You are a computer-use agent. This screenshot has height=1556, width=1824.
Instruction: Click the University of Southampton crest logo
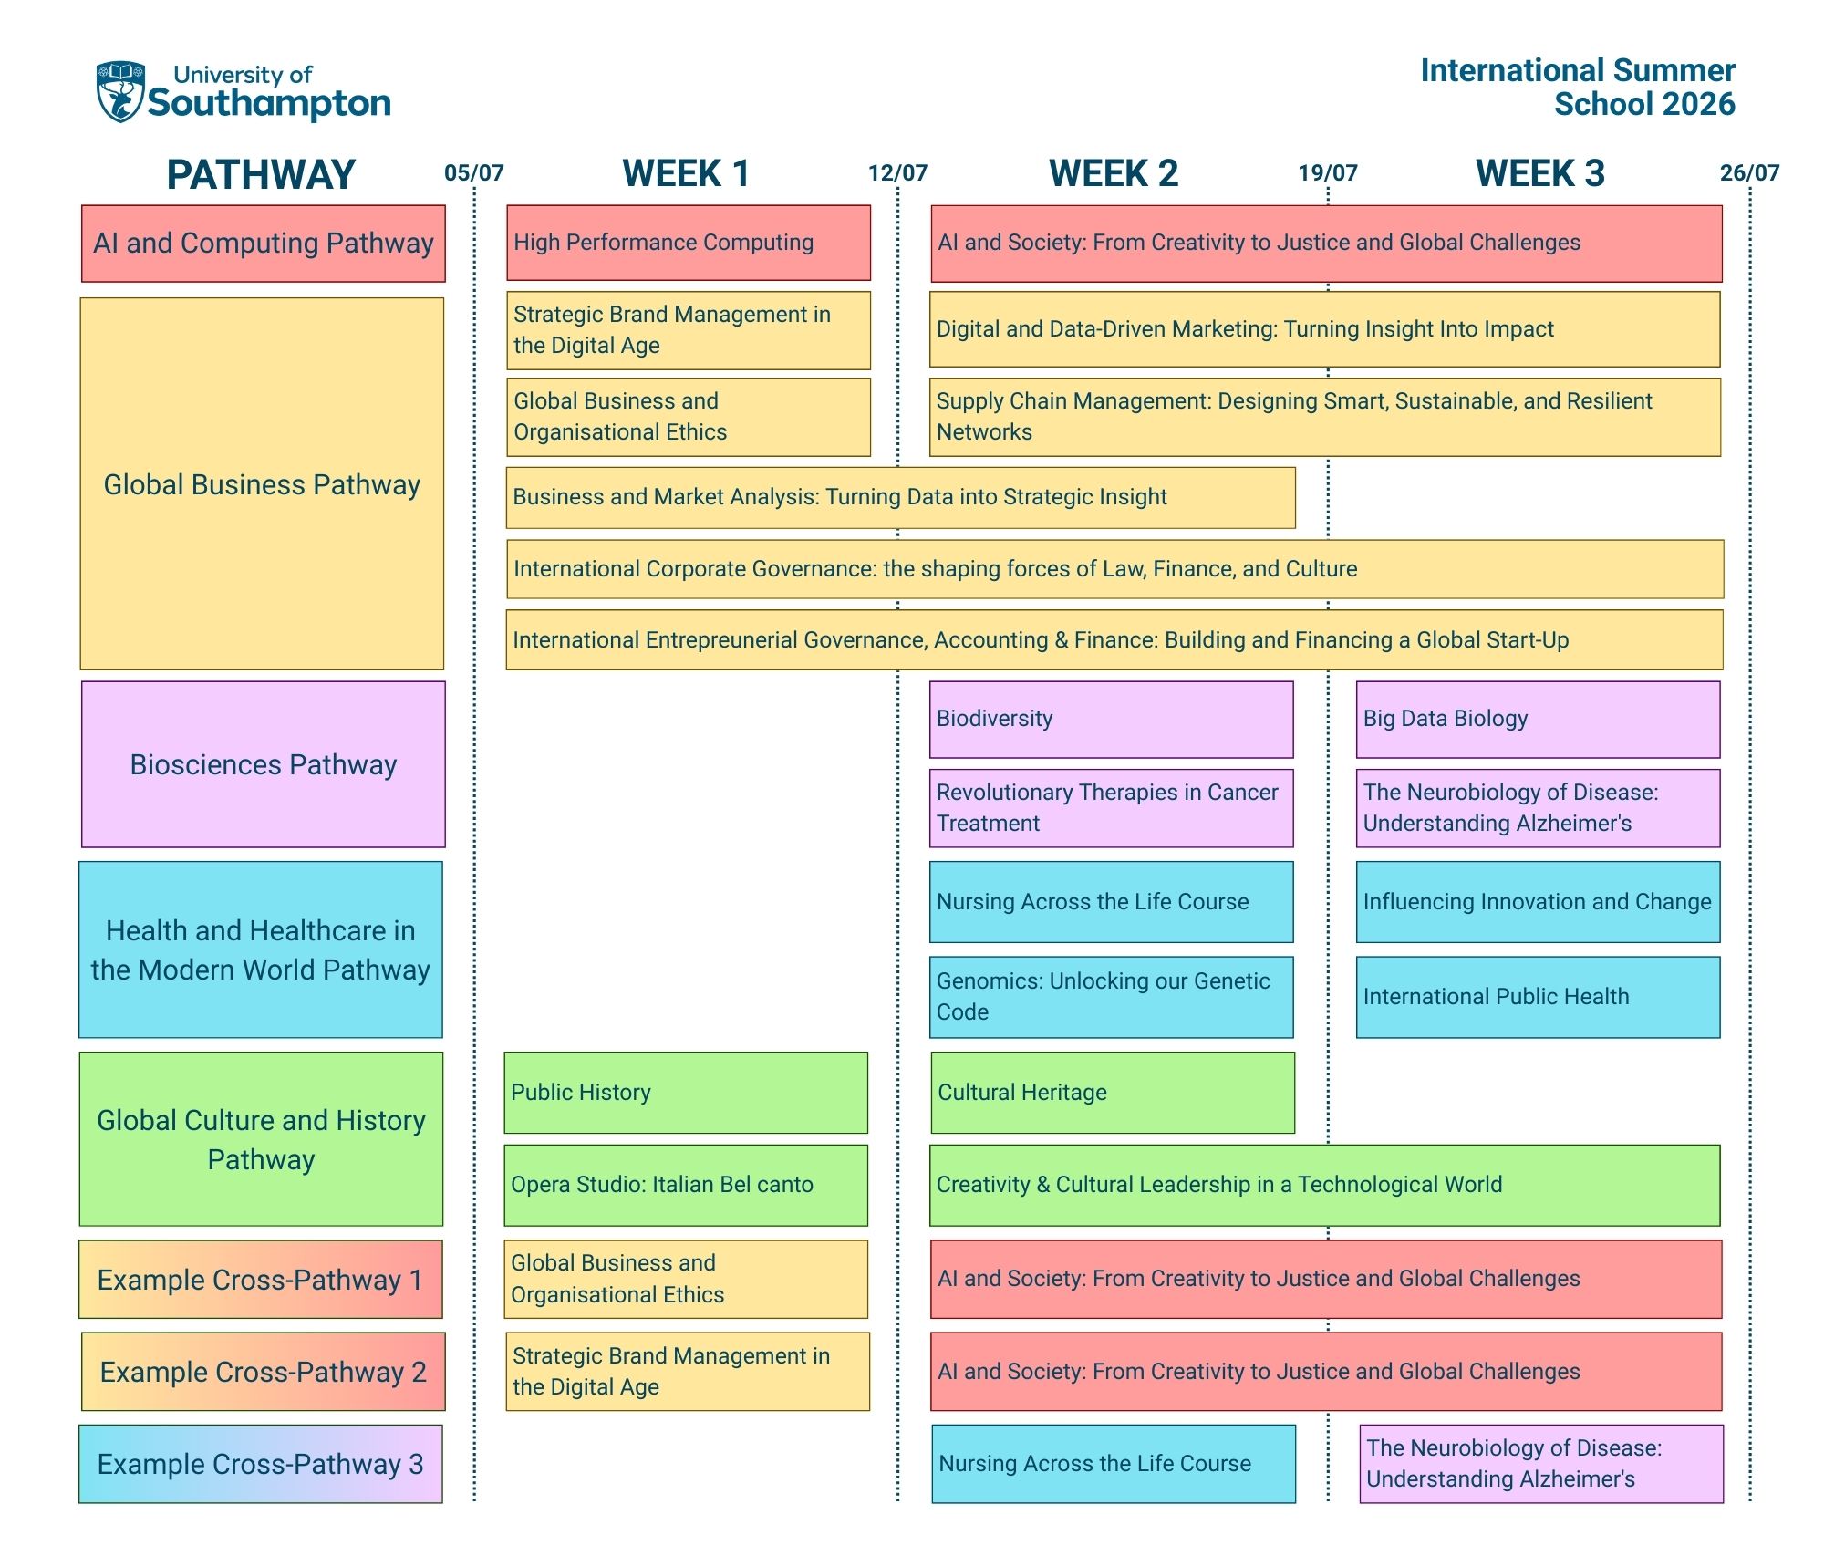tap(121, 91)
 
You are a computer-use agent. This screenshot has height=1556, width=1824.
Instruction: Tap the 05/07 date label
tap(473, 173)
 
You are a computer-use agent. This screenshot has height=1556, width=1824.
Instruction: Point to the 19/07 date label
tap(1328, 173)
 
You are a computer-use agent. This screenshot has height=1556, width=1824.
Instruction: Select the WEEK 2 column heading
tap(1113, 173)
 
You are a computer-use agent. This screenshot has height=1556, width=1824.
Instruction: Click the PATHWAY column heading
tap(261, 175)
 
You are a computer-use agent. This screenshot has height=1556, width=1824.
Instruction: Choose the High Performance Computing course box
tap(688, 243)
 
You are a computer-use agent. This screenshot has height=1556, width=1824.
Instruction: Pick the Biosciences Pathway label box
tap(263, 764)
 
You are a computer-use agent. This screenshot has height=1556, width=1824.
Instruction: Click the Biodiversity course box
tap(1111, 720)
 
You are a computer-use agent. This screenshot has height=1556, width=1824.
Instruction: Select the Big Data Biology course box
tap(1538, 720)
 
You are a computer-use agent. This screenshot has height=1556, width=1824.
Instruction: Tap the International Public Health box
tap(1538, 997)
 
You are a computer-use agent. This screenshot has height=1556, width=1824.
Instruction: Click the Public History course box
tap(686, 1093)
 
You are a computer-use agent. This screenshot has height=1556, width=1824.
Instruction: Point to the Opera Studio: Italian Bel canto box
tap(686, 1185)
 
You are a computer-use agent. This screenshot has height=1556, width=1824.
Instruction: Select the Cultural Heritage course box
tap(1112, 1093)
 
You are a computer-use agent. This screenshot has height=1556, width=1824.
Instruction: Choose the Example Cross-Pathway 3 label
tap(261, 1464)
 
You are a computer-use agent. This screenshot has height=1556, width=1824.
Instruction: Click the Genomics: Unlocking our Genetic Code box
tap(1111, 997)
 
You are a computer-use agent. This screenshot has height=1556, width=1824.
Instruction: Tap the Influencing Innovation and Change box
tap(1538, 902)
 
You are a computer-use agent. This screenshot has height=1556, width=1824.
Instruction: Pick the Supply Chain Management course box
tap(1324, 417)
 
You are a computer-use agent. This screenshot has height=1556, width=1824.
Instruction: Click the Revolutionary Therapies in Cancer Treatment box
tap(1111, 808)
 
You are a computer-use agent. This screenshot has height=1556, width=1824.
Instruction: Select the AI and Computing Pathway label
tap(263, 244)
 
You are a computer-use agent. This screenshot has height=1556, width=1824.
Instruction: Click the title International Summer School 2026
tap(1578, 88)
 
